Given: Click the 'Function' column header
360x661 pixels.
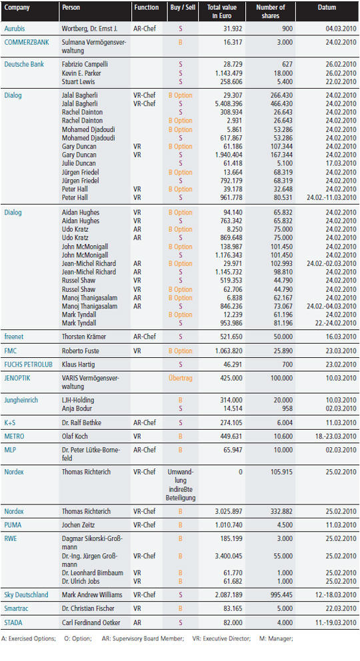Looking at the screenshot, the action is pyautogui.click(x=146, y=7).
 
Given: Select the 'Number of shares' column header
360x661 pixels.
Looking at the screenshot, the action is pyautogui.click(x=270, y=11).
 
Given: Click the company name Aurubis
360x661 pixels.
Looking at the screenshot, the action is pyautogui.click(x=15, y=29).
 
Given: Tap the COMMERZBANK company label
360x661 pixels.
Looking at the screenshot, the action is pyautogui.click(x=27, y=42).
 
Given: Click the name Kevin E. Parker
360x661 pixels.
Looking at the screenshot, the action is pyautogui.click(x=81, y=73).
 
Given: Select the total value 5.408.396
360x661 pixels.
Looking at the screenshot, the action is pyautogui.click(x=228, y=104).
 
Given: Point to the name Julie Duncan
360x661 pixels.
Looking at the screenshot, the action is pyautogui.click(x=79, y=163).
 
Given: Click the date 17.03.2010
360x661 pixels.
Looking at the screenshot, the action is pyautogui.click(x=341, y=163).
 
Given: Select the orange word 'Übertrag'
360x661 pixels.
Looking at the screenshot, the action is pyautogui.click(x=180, y=378).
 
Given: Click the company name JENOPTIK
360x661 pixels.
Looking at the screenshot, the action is pyautogui.click(x=17, y=378).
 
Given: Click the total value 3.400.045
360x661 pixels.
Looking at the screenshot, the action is pyautogui.click(x=228, y=556).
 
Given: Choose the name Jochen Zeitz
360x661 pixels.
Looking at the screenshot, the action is pyautogui.click(x=79, y=525).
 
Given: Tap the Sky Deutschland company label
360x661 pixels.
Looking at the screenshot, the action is pyautogui.click(x=26, y=595).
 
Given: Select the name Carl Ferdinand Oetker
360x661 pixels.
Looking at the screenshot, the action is pyautogui.click(x=91, y=622).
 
